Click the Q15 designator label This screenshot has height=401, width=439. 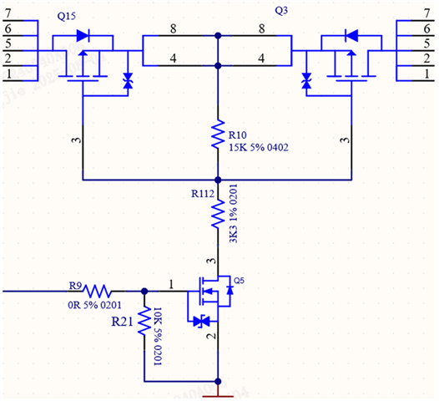point(67,16)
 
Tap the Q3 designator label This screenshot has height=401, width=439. point(281,11)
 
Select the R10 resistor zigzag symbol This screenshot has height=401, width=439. point(218,134)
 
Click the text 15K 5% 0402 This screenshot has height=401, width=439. point(259,147)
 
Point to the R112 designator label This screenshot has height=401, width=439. point(203,194)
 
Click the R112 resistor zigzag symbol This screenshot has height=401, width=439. point(218,214)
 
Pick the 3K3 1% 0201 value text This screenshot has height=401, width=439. point(233,214)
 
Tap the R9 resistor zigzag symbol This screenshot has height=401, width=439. point(97,292)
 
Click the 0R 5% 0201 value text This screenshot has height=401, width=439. point(94,305)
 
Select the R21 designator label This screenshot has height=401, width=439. point(122,322)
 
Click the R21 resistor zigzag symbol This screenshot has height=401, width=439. point(144,320)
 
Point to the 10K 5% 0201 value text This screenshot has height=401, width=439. point(158,337)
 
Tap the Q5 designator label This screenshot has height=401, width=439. point(239,281)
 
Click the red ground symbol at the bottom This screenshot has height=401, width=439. point(218,396)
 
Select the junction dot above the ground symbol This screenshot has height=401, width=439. point(218,382)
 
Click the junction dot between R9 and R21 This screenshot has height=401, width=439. point(144,292)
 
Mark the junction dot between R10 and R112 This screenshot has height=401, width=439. point(218,180)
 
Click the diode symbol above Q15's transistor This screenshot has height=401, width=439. point(83,36)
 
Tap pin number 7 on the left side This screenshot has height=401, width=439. point(8,13)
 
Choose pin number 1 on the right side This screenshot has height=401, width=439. point(426,74)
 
